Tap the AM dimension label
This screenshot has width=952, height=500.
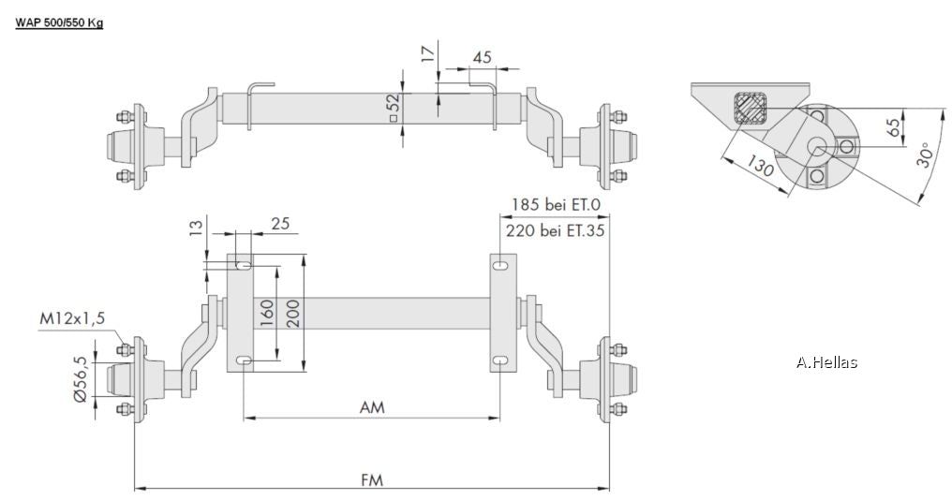[372, 407]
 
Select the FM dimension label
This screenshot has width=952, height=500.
[372, 479]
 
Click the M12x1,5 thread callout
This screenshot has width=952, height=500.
[71, 318]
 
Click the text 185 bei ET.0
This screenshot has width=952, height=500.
[554, 203]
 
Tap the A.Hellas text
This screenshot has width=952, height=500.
[826, 362]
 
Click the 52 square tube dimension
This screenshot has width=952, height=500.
[393, 108]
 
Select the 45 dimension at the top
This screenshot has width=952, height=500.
[482, 57]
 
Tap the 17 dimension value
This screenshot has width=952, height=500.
[428, 52]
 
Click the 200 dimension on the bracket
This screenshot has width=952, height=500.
[293, 312]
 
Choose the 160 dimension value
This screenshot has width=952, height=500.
[265, 312]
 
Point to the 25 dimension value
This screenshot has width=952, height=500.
[279, 224]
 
